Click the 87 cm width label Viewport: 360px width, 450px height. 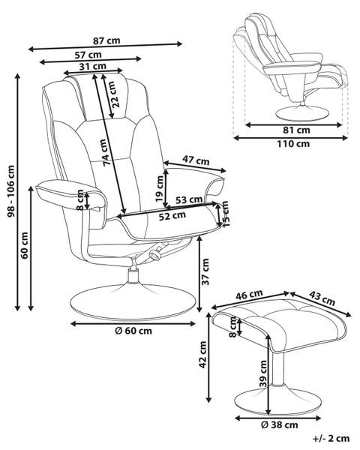point(106,40)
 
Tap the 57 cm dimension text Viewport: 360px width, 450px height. point(88,55)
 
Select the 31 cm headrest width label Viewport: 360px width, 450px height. point(93,66)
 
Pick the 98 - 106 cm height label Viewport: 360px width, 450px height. point(11,191)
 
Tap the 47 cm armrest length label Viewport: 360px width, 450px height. point(196,160)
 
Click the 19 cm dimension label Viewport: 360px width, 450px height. point(159,188)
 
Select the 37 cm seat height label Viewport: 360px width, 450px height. point(205,271)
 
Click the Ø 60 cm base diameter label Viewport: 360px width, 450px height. point(133,331)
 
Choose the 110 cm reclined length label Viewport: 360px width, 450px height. point(293,143)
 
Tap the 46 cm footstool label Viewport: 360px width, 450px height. point(249,295)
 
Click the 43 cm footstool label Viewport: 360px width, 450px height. point(322,298)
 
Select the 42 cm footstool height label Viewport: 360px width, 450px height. point(202,355)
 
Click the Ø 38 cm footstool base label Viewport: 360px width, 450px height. point(279,424)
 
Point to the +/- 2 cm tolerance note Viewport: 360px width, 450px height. point(331,439)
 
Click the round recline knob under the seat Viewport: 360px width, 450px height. point(155,255)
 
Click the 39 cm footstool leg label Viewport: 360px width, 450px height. point(263,374)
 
